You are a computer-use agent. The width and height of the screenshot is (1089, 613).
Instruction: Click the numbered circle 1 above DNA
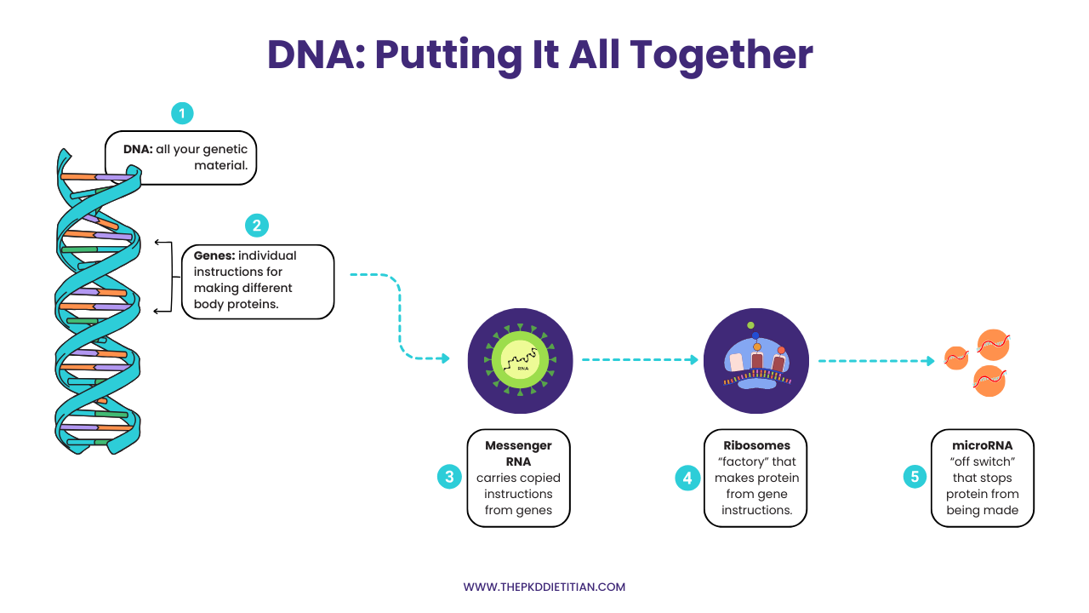[182, 113]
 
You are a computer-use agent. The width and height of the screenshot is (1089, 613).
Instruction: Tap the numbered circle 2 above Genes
[256, 226]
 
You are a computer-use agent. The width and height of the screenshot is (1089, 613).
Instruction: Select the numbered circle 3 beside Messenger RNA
[449, 477]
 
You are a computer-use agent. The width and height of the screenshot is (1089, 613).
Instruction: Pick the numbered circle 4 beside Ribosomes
[687, 478]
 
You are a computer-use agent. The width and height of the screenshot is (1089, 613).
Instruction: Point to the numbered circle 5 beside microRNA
[915, 477]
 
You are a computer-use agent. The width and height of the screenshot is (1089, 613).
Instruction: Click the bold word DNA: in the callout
[138, 150]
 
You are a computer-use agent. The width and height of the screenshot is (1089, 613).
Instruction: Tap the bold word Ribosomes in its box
[756, 445]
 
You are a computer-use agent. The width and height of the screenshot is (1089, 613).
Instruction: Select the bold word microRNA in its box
[983, 445]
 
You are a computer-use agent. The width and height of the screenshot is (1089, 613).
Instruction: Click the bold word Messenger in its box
[518, 445]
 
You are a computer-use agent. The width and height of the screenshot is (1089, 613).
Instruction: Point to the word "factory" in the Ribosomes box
[744, 461]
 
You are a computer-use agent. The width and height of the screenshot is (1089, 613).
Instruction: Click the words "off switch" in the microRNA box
[983, 461]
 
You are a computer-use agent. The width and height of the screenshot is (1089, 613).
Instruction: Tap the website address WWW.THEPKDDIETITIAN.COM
[544, 587]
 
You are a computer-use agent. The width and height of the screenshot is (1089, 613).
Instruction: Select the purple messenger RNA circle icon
[520, 360]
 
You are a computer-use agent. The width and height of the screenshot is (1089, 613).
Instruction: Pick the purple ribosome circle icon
[756, 360]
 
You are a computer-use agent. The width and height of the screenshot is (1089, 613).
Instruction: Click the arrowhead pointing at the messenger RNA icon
[444, 358]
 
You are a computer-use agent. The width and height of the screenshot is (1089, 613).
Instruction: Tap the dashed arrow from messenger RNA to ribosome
[638, 360]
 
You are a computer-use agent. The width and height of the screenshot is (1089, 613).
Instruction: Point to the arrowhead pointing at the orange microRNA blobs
[930, 360]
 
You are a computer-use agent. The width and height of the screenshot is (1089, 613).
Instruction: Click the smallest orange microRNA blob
[956, 358]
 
